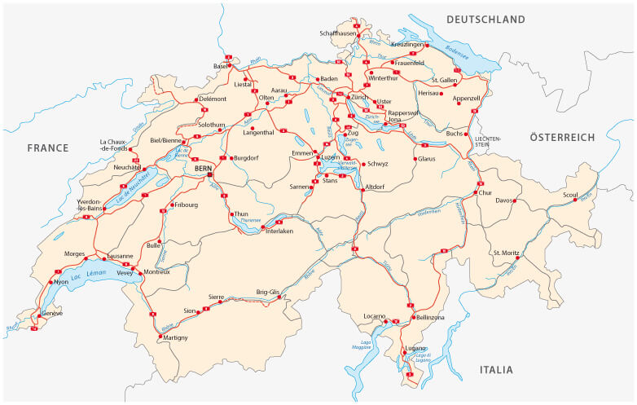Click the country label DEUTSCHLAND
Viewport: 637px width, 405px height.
click(485, 20)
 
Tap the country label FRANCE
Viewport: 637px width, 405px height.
click(48, 147)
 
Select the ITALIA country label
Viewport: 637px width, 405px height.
click(496, 369)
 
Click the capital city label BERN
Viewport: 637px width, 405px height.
click(203, 168)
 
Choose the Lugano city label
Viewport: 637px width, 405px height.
click(415, 348)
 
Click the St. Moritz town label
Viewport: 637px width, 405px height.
click(506, 253)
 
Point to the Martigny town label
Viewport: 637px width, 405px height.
click(174, 337)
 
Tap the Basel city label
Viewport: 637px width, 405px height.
click(221, 66)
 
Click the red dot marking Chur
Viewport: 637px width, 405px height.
click(475, 193)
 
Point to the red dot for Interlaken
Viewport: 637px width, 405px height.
click(263, 227)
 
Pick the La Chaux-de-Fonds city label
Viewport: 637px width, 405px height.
click(115, 144)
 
